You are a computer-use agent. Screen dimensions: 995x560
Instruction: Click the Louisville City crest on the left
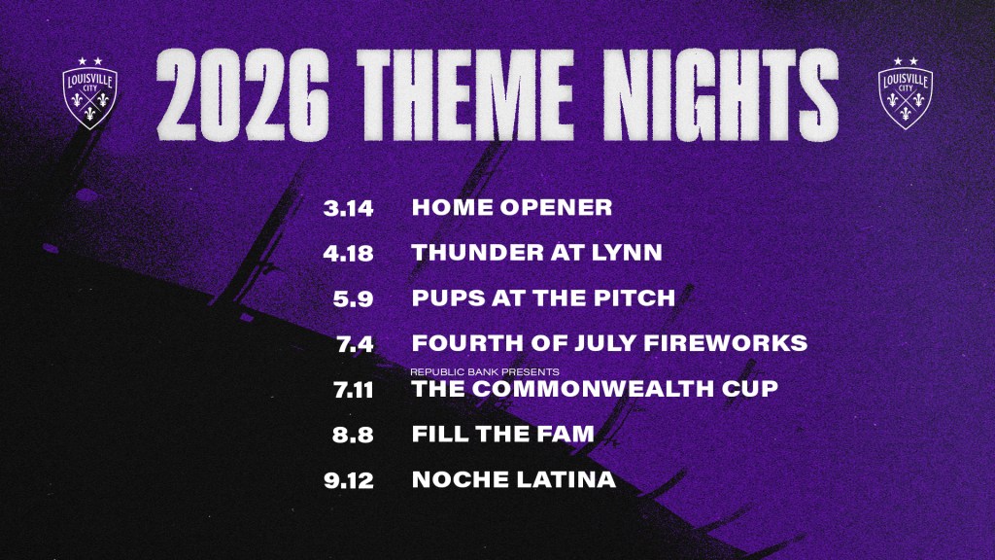(89, 94)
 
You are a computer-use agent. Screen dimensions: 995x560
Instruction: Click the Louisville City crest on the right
(906, 94)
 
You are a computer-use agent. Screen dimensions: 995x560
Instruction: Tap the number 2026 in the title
(243, 94)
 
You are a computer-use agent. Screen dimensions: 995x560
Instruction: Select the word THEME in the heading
(465, 94)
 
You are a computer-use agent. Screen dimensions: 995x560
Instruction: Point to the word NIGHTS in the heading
(720, 94)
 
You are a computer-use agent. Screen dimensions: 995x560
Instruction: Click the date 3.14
(349, 208)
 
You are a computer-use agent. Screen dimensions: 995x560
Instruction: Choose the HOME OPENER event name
(512, 207)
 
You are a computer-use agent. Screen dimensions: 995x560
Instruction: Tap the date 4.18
(349, 254)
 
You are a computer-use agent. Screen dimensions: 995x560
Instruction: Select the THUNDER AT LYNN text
(536, 253)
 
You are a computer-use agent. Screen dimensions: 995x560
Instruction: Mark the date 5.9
(354, 299)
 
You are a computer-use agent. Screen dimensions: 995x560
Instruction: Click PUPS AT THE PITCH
(544, 297)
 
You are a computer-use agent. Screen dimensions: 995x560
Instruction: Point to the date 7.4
(356, 344)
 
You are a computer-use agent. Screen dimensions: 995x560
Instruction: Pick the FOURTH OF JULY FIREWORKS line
(610, 343)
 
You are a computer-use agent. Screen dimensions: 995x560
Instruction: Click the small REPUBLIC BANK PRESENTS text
(485, 371)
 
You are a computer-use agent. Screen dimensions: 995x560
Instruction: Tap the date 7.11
(354, 390)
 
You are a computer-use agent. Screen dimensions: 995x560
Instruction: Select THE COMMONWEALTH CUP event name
(596, 389)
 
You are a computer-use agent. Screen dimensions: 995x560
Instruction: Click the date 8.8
(353, 435)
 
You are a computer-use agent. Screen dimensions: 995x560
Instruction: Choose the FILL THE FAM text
(503, 434)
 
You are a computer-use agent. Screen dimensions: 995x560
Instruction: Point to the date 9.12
(349, 480)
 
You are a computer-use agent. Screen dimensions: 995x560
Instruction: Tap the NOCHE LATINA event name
(514, 479)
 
